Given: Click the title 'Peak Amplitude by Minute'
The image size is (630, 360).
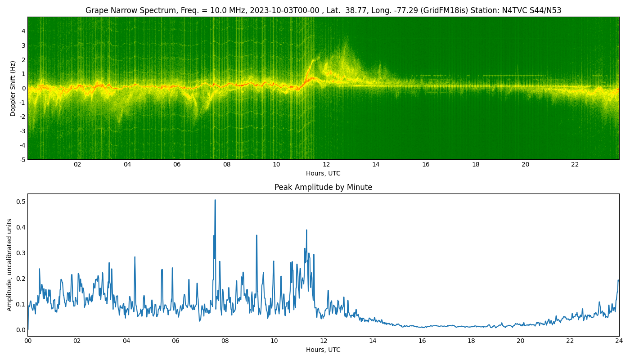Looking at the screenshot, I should point(323,187).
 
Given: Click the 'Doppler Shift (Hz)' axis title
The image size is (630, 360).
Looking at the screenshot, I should point(13,88).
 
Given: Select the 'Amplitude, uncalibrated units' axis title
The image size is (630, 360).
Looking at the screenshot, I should point(9,265).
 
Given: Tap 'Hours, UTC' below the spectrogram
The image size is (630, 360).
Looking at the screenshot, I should point(323,173).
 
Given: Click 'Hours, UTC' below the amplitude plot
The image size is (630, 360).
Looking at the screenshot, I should point(323,350).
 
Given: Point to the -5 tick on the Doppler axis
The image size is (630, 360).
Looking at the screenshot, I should point(22,159).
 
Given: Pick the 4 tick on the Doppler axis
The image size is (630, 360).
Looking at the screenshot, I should point(23,31).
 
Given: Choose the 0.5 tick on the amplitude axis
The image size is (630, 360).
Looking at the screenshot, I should point(21,201).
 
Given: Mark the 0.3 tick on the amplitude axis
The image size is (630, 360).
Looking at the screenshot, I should point(21,252).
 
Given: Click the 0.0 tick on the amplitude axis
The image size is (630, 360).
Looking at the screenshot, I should point(21,330).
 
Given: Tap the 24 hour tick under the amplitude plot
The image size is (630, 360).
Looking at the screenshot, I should point(619,341).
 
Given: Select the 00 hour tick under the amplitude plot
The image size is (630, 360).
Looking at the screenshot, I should point(28,341).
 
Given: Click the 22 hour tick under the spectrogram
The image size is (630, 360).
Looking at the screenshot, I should point(575,164).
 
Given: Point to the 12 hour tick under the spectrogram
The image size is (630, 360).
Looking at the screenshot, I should point(326,164).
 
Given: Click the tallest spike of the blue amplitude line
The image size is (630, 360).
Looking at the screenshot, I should point(215,200).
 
